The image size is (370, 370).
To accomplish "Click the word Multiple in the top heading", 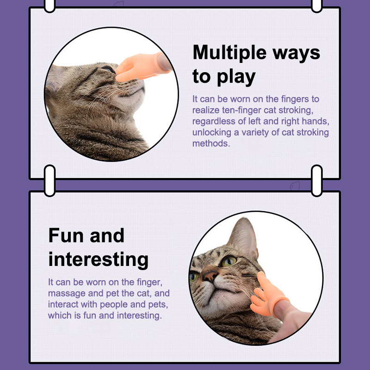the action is pyautogui.click(x=229, y=52).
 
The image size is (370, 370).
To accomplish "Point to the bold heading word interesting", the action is pyautogui.click(x=99, y=259).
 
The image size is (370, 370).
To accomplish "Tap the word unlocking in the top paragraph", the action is pyautogui.click(x=212, y=133).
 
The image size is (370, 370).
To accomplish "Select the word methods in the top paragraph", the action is pyautogui.click(x=211, y=143).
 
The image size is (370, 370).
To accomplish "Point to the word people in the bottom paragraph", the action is pyautogui.click(x=114, y=305).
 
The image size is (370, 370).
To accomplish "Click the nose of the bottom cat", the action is pyautogui.click(x=210, y=275).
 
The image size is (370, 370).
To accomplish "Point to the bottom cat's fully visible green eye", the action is pyautogui.click(x=228, y=261).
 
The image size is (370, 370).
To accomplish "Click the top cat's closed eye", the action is pyautogui.click(x=107, y=68).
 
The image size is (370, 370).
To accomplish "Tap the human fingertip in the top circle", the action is pyautogui.click(x=165, y=62).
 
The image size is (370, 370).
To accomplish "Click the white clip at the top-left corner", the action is pyautogui.click(x=49, y=5).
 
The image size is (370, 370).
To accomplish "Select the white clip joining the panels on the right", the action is pyautogui.click(x=317, y=180).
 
